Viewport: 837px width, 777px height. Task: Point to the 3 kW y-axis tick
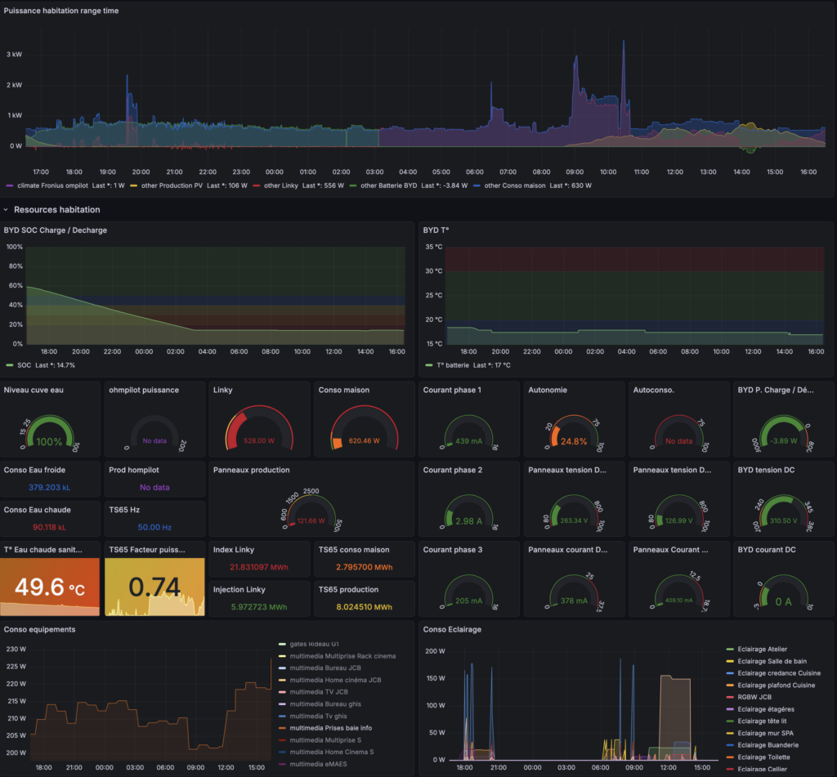tap(14, 54)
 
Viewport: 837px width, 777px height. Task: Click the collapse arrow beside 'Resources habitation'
tap(7, 210)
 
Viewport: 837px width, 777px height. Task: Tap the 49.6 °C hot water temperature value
tap(51, 587)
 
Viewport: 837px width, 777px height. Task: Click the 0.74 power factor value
tap(154, 587)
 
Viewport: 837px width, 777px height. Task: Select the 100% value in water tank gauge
tap(51, 441)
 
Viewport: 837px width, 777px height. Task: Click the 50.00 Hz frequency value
tap(154, 528)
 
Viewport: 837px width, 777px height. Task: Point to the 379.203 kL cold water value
tap(51, 487)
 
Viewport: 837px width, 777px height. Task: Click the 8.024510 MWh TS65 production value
tap(364, 607)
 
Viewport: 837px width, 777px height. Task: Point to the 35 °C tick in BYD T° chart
tap(433, 247)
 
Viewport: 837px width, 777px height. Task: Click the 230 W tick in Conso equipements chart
tap(15, 649)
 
